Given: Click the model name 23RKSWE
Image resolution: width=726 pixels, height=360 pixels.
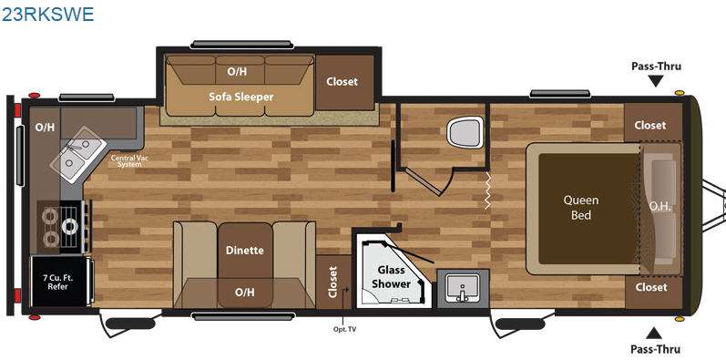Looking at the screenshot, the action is click(47, 14).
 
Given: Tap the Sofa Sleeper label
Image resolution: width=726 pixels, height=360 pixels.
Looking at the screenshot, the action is click(240, 97).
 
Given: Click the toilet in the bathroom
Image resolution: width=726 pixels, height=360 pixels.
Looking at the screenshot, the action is click(465, 132).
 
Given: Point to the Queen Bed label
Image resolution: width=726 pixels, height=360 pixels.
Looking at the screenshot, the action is click(580, 207).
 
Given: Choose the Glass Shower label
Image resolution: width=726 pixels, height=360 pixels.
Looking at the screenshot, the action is click(392, 276).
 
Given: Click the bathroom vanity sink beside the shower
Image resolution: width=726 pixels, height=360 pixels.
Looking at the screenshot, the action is click(462, 288).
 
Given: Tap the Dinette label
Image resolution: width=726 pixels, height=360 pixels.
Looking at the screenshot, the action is click(244, 251).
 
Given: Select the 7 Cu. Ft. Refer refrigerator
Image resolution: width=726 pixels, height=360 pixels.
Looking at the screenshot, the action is click(59, 282).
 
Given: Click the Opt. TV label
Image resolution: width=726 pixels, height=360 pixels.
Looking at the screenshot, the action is click(345, 329).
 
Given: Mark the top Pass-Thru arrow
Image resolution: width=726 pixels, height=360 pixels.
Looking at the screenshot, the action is click(656, 81).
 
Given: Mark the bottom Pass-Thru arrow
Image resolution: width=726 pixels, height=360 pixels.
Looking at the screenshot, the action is click(654, 333).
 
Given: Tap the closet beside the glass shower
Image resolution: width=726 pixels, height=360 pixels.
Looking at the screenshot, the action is click(333, 282).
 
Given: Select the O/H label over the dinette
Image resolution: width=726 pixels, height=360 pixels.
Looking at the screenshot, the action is click(244, 293).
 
